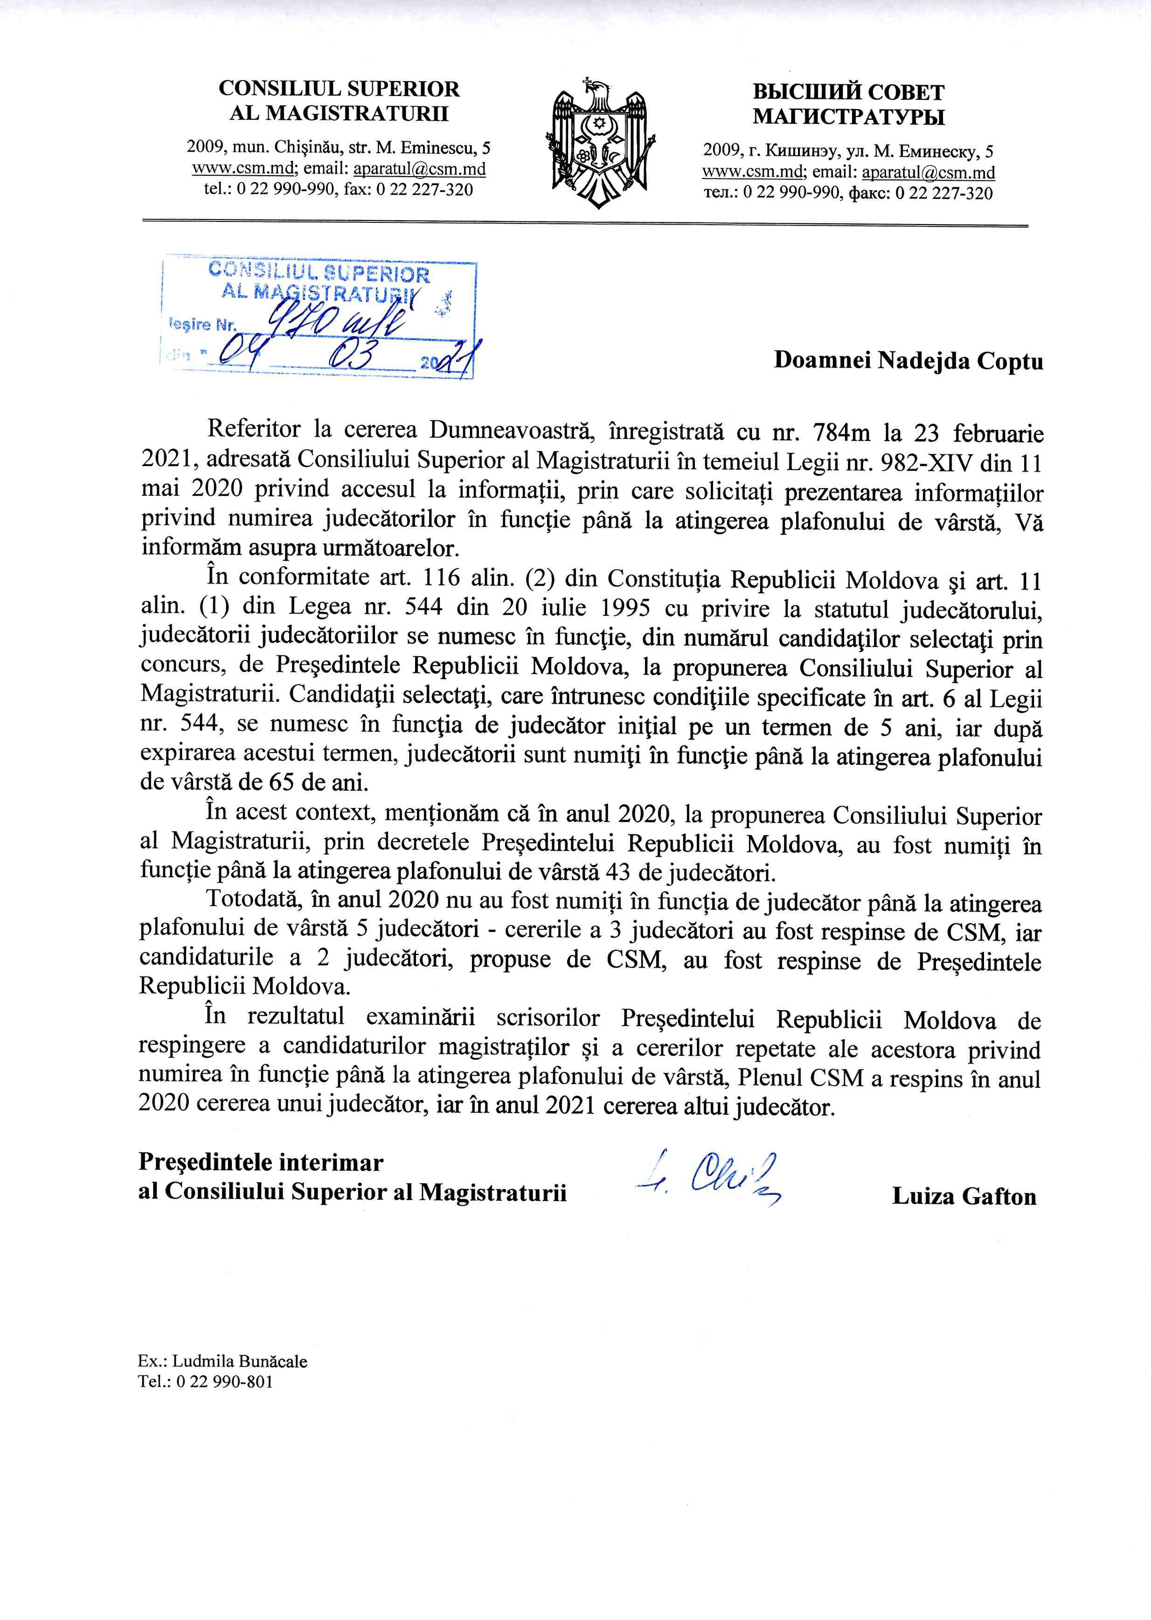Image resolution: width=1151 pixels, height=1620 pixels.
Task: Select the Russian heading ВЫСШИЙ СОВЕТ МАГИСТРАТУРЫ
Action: click(x=848, y=104)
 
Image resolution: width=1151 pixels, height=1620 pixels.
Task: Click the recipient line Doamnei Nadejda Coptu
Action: click(x=908, y=361)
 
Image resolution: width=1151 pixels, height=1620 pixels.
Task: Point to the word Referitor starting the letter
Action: click(x=250, y=432)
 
